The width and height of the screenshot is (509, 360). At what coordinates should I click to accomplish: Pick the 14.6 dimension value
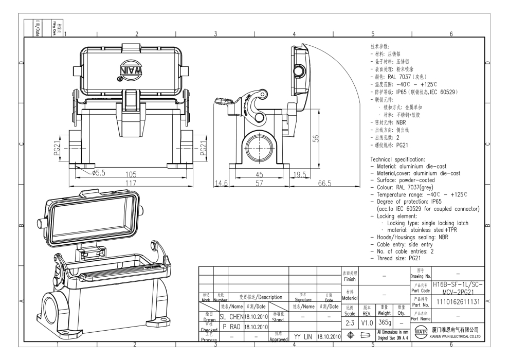pos(221,183)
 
